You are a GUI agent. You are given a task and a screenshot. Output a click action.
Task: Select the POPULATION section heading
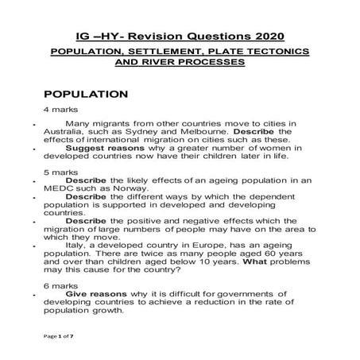(x=86, y=93)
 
